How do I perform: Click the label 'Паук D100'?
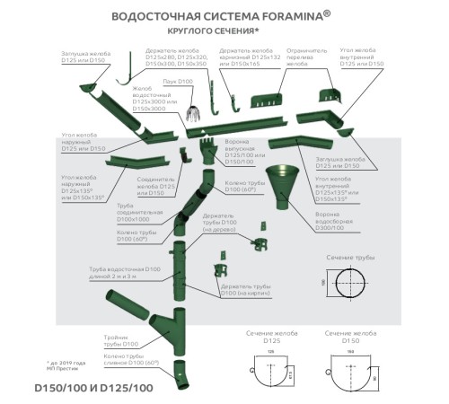178,82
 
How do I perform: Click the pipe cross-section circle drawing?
350,287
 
